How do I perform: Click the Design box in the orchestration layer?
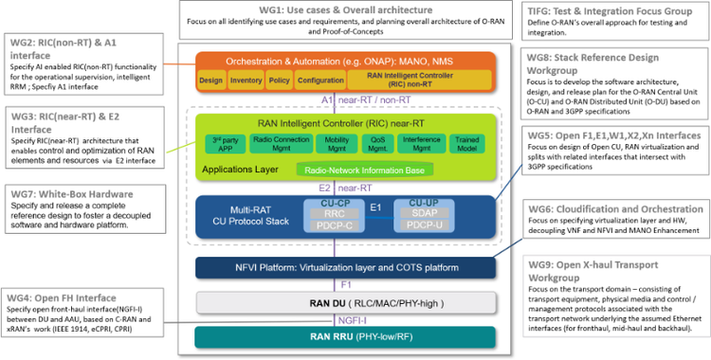pyautogui.click(x=212, y=81)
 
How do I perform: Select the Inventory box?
pyautogui.click(x=246, y=81)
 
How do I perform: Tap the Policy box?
pyautogui.click(x=280, y=81)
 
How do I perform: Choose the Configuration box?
pyautogui.click(x=319, y=81)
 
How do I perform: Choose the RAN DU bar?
pyautogui.click(x=352, y=302)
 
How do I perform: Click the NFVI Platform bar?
pyautogui.click(x=352, y=269)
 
